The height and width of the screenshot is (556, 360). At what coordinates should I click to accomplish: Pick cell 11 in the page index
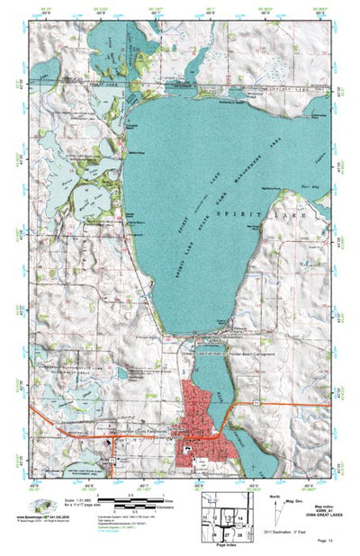(x=206, y=519)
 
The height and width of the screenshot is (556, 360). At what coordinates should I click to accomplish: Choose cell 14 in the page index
(x=242, y=519)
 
